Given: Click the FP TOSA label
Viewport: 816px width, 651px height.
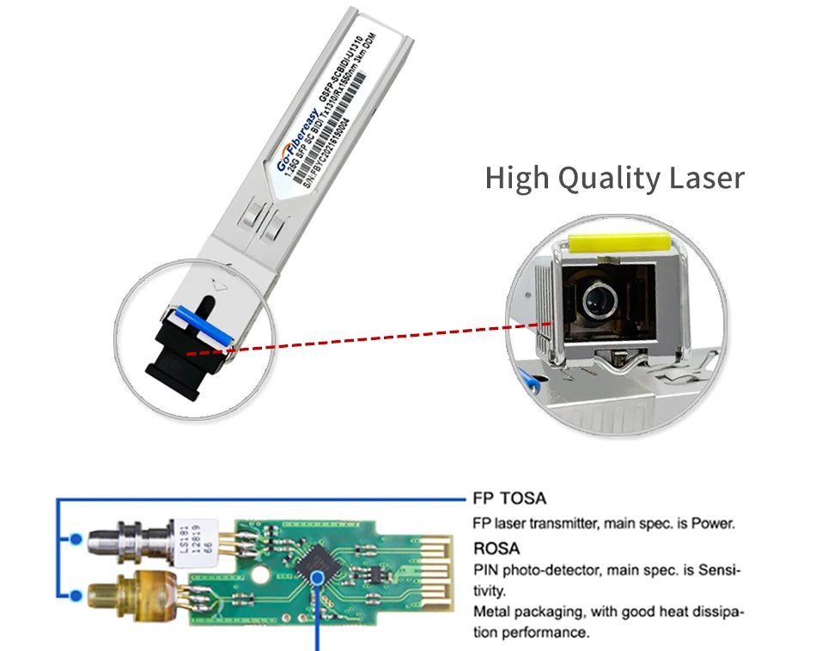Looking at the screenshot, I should [510, 498].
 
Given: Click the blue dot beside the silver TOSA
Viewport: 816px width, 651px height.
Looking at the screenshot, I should [76, 539].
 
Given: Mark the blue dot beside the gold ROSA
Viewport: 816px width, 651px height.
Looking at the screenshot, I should [76, 593].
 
